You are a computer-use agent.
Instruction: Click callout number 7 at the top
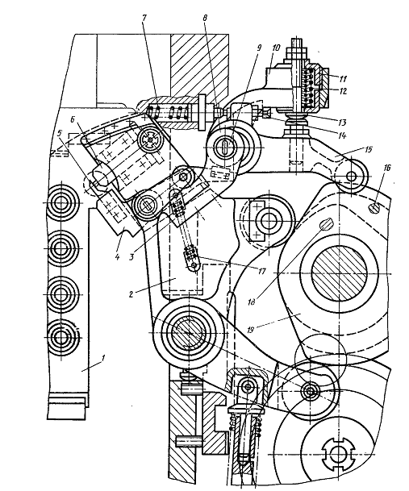coord(144,18)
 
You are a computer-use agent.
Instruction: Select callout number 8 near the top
coord(205,18)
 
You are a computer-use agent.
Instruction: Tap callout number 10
coord(276,48)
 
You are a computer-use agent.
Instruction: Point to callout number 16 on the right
coord(387,168)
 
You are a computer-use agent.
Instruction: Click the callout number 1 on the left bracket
coord(104,358)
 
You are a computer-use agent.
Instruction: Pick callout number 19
coord(250,331)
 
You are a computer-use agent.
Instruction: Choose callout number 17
coord(261,271)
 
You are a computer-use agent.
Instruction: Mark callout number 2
coord(131,293)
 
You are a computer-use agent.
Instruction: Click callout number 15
coord(369,149)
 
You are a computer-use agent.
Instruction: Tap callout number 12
coord(343,91)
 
